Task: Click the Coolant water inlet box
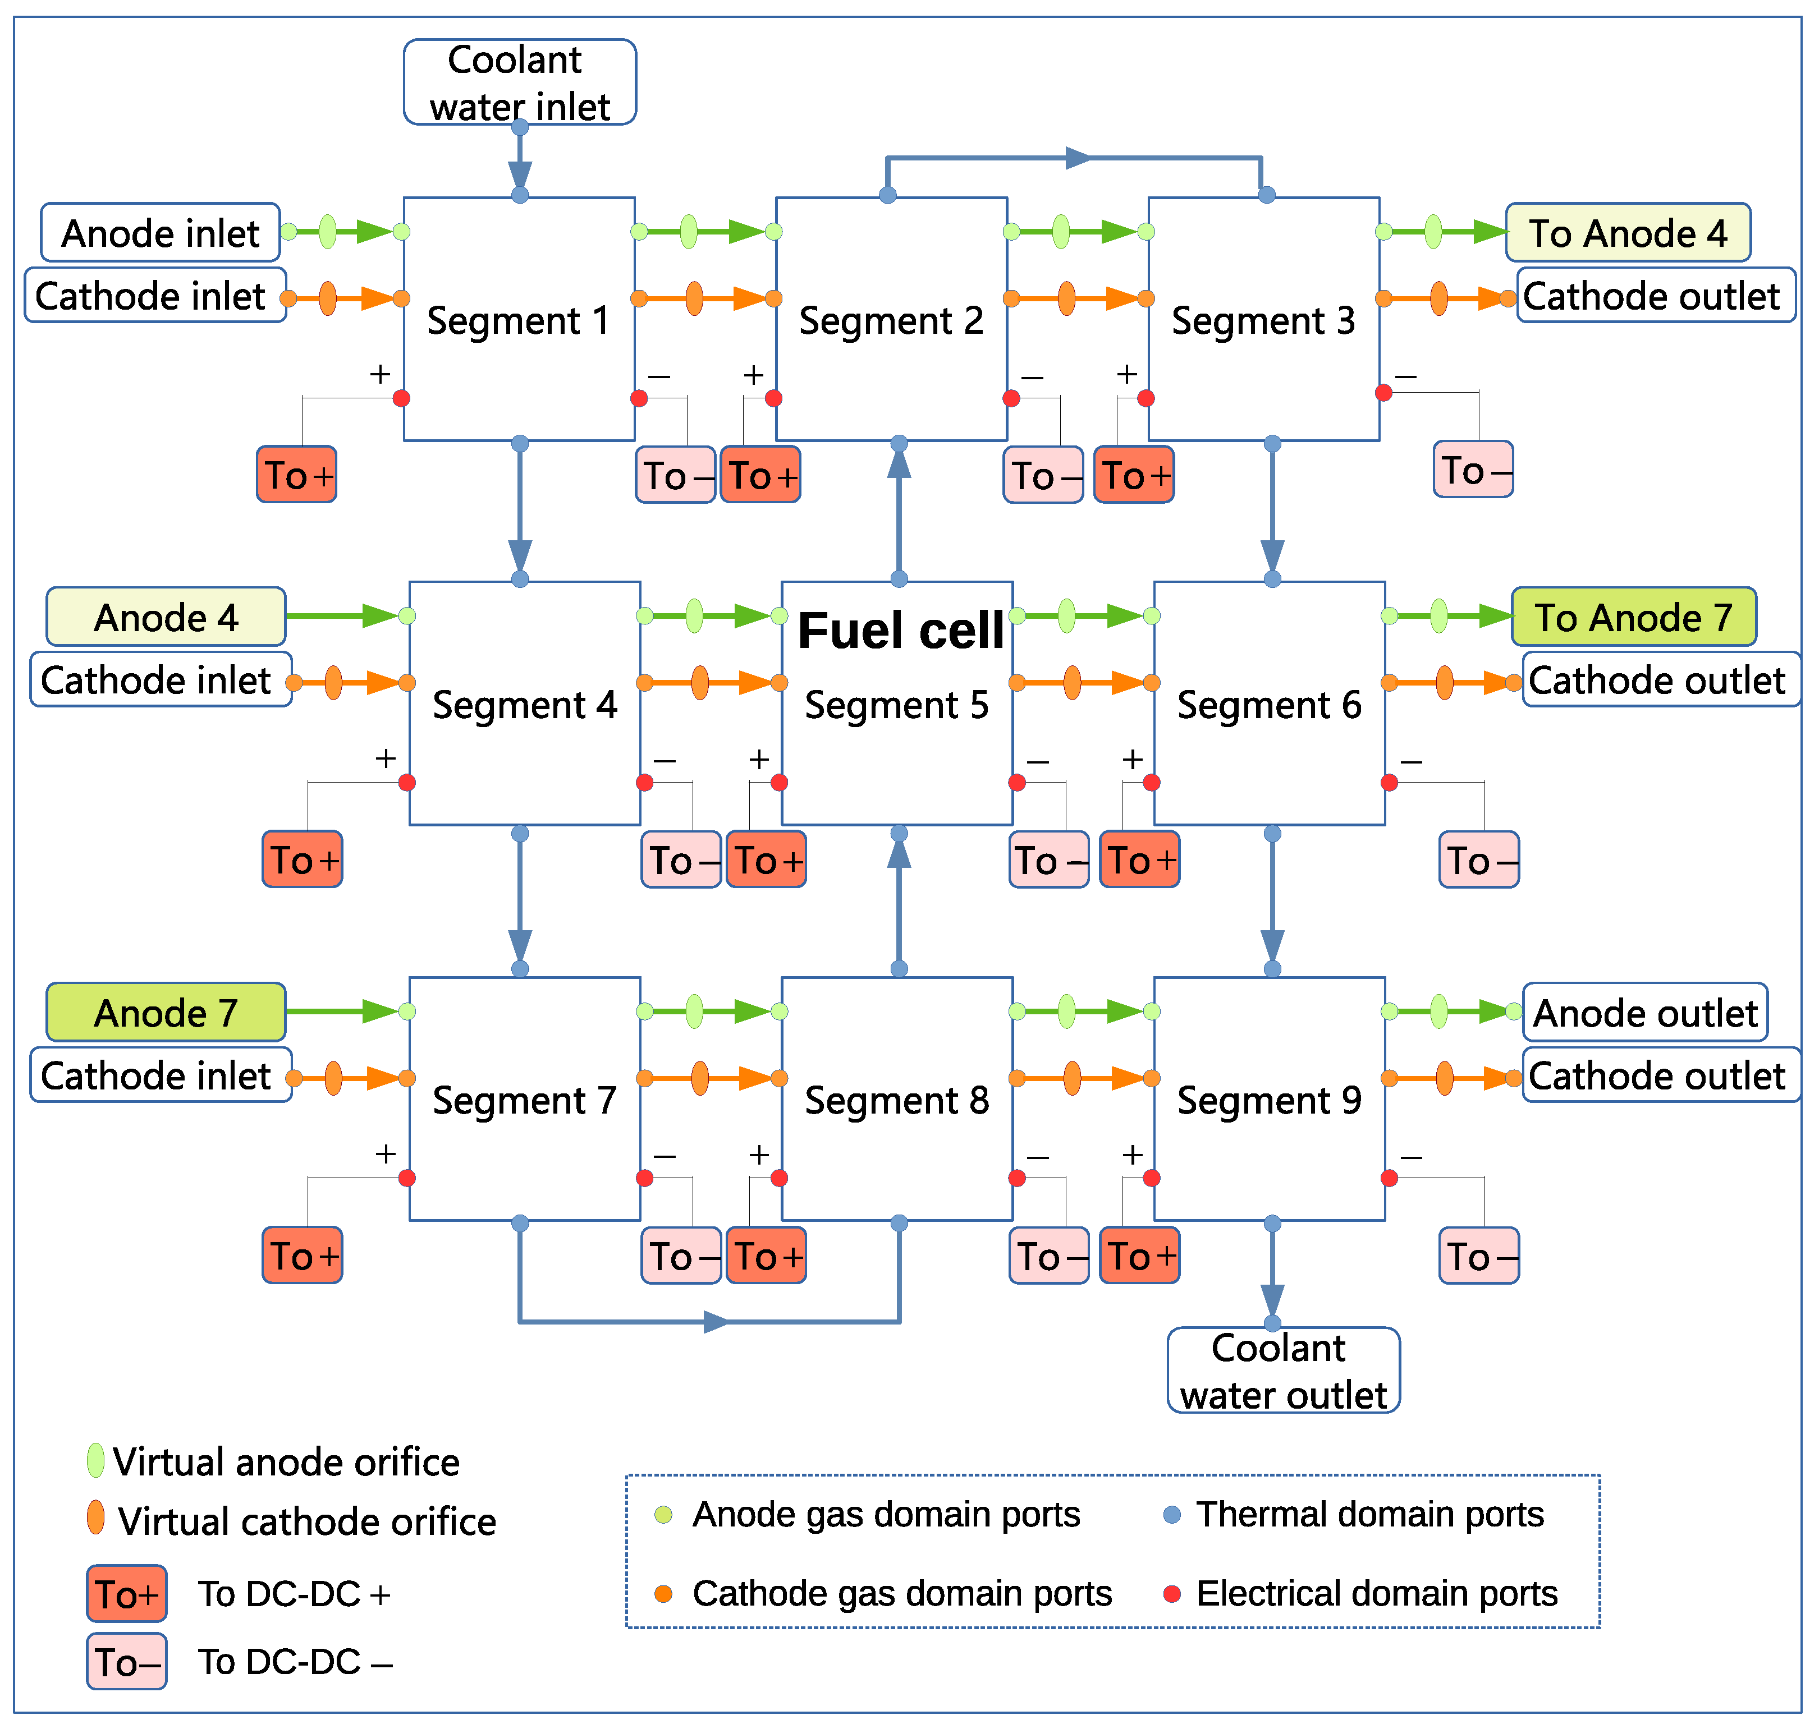519,82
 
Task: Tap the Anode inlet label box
161,232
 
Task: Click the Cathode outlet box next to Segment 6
1660,679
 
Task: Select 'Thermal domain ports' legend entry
1368,1514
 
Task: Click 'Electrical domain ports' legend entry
1376,1593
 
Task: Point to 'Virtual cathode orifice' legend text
306,1521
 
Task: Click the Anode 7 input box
166,1012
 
